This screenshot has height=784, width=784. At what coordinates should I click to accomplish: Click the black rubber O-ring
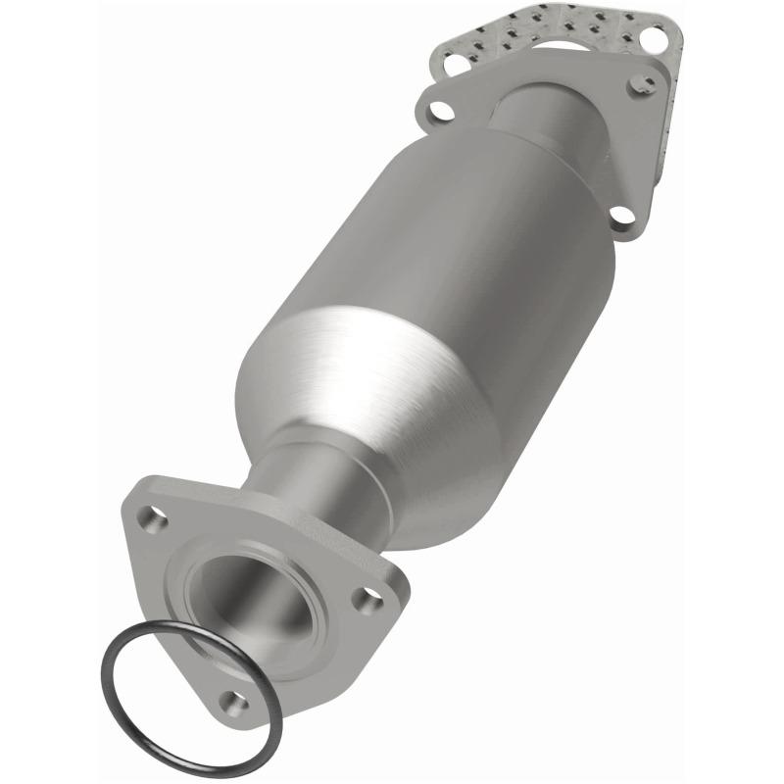[111, 686]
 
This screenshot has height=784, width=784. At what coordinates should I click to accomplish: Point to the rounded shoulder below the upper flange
[549, 147]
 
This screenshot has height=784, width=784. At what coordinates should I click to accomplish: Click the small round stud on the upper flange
[645, 78]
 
